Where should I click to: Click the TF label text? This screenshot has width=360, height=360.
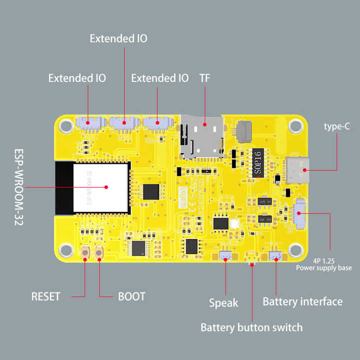click(205, 78)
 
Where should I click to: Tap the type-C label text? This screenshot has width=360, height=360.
click(336, 126)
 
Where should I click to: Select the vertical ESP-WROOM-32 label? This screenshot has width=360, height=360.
click(18, 187)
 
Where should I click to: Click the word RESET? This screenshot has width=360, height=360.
click(45, 296)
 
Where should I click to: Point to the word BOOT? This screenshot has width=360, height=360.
click(131, 296)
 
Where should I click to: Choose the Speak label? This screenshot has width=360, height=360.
click(223, 302)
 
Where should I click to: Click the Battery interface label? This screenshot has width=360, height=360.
click(302, 301)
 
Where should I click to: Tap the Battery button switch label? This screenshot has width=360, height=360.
click(251, 327)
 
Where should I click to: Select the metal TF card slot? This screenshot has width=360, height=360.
click(201, 136)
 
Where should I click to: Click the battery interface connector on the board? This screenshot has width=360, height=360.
click(275, 256)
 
